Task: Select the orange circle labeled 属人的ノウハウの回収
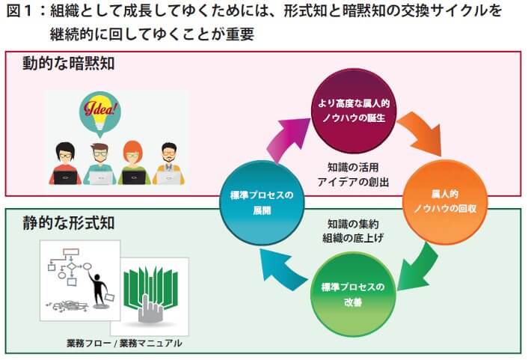coord(444,201)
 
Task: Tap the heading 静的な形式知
coord(67,223)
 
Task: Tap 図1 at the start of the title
coord(21,13)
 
